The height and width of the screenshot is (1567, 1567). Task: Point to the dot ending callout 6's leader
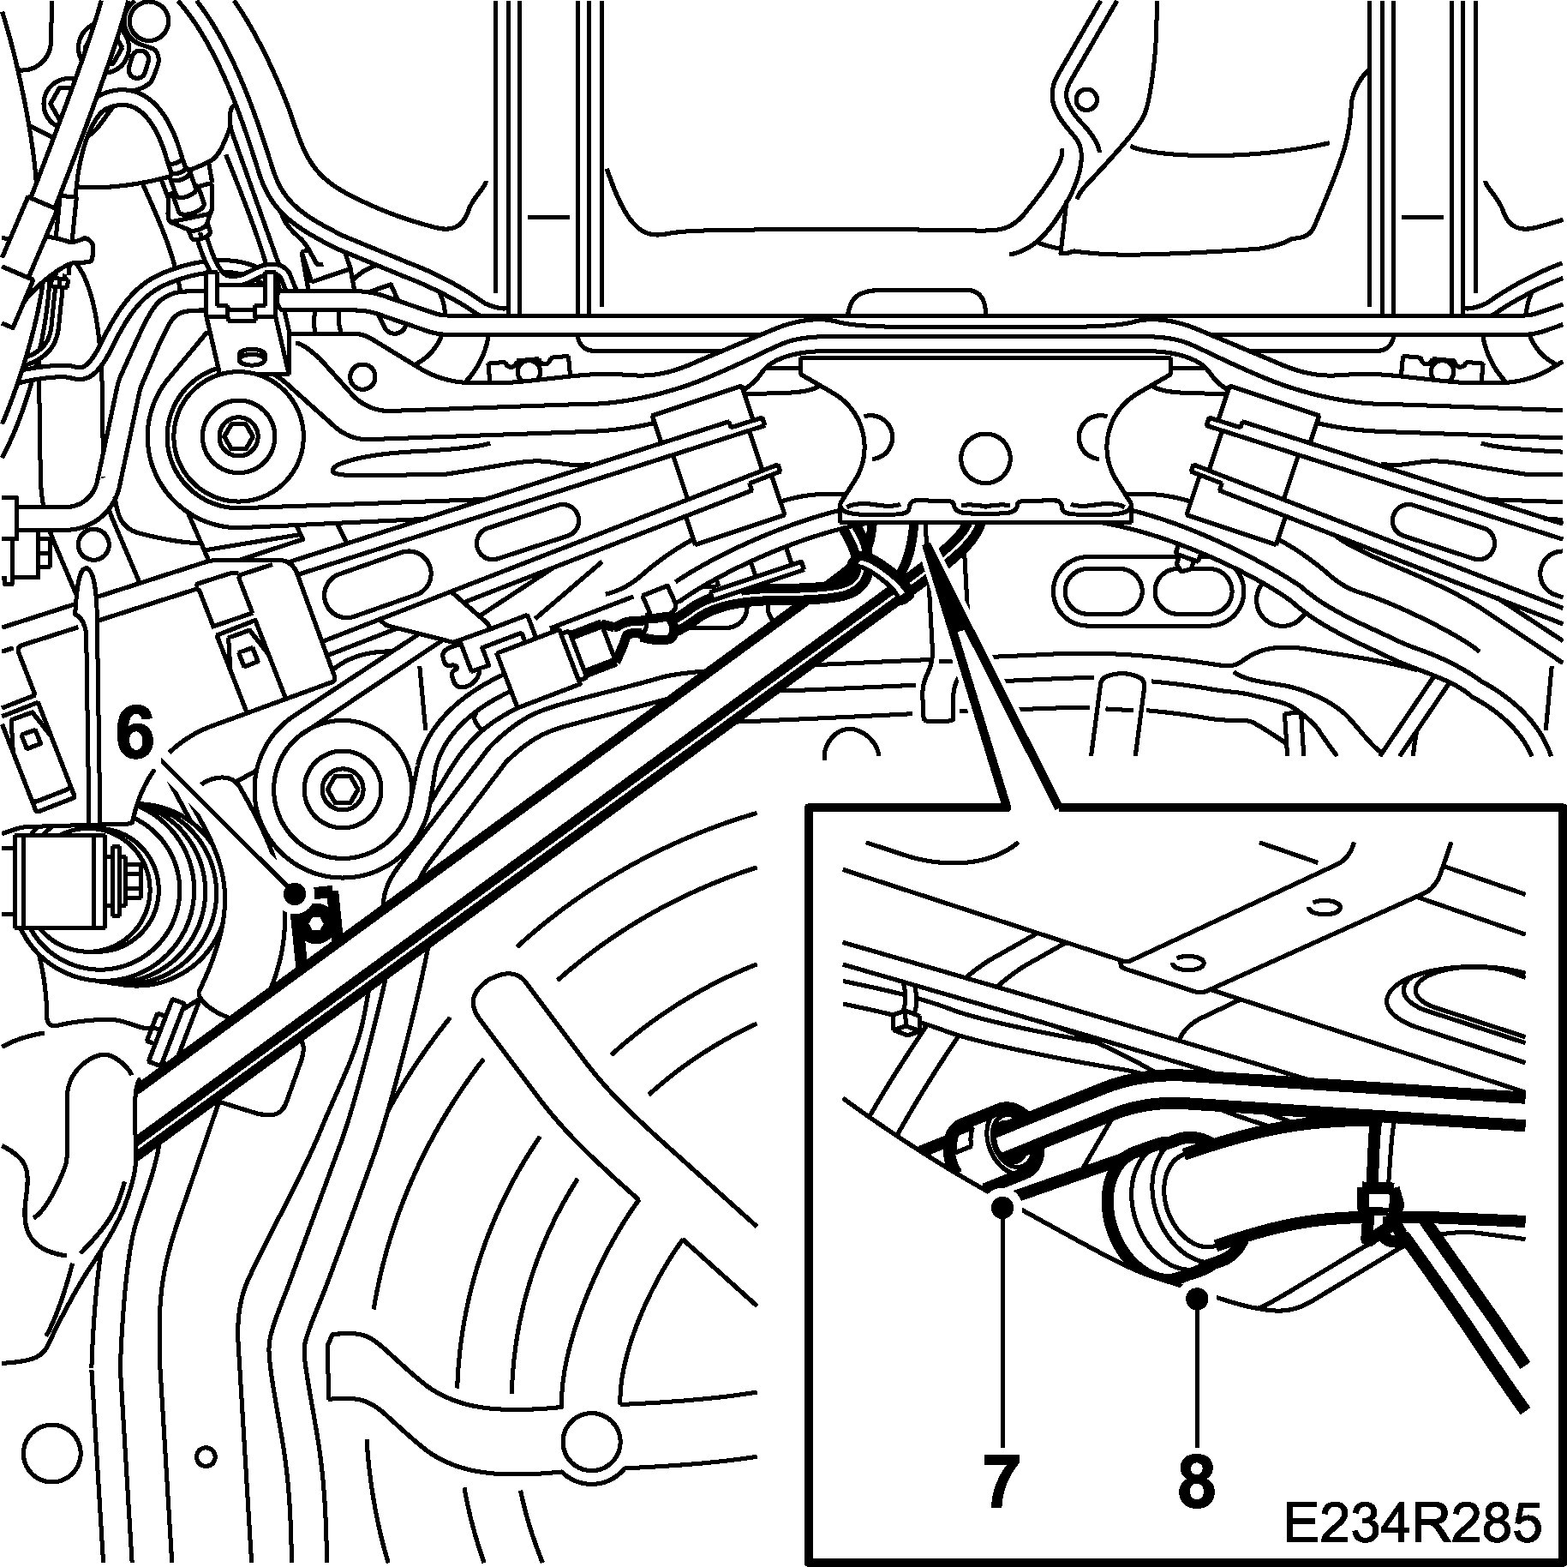click(x=296, y=894)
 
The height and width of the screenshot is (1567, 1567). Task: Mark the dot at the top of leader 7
click(x=1004, y=1208)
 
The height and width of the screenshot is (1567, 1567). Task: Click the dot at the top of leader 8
click(x=1199, y=1324)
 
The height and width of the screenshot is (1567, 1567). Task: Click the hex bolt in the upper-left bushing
click(x=235, y=437)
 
